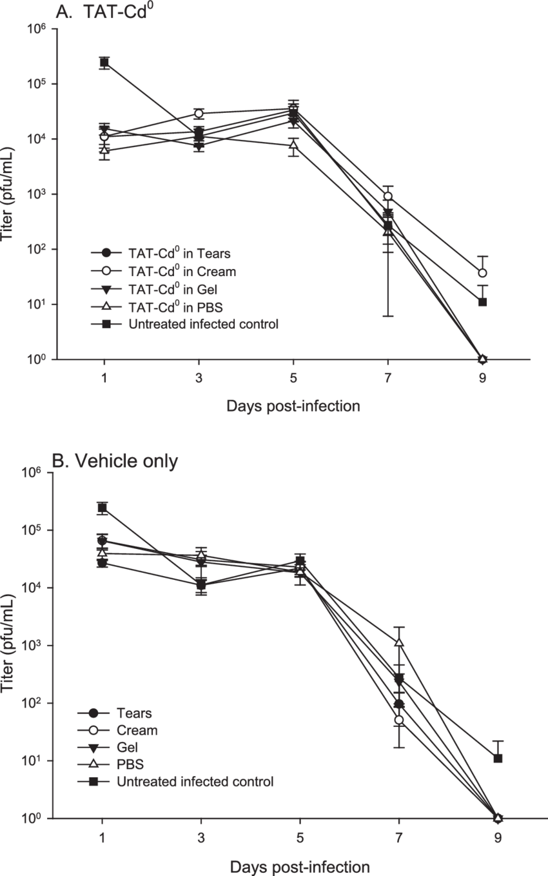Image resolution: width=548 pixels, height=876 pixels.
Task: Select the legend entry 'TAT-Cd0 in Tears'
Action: pyautogui.click(x=179, y=253)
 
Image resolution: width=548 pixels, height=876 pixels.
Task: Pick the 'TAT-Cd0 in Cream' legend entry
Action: pyautogui.click(x=182, y=271)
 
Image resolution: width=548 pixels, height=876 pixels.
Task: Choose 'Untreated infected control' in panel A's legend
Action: pyautogui.click(x=203, y=324)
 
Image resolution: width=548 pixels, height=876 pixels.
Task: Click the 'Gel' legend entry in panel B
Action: pyautogui.click(x=127, y=747)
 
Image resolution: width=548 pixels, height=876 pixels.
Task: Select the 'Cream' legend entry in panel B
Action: pyautogui.click(x=137, y=730)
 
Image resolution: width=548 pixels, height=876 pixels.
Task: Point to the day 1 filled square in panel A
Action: pyautogui.click(x=104, y=63)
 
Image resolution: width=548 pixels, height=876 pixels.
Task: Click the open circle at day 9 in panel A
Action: pyautogui.click(x=482, y=273)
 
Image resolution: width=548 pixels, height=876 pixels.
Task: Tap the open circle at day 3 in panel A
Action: pyautogui.click(x=199, y=114)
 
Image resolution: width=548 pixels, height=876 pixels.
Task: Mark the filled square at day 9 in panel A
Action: pyautogui.click(x=482, y=302)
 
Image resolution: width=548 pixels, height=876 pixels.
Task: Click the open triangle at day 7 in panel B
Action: pyautogui.click(x=399, y=642)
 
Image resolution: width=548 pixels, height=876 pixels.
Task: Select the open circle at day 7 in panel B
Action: pyautogui.click(x=399, y=720)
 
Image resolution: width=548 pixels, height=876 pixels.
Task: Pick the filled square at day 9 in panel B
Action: pyautogui.click(x=498, y=758)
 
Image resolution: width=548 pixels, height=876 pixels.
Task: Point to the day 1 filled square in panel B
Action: pyautogui.click(x=102, y=508)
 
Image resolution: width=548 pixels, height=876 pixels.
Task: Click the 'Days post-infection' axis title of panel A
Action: pyautogui.click(x=293, y=406)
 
